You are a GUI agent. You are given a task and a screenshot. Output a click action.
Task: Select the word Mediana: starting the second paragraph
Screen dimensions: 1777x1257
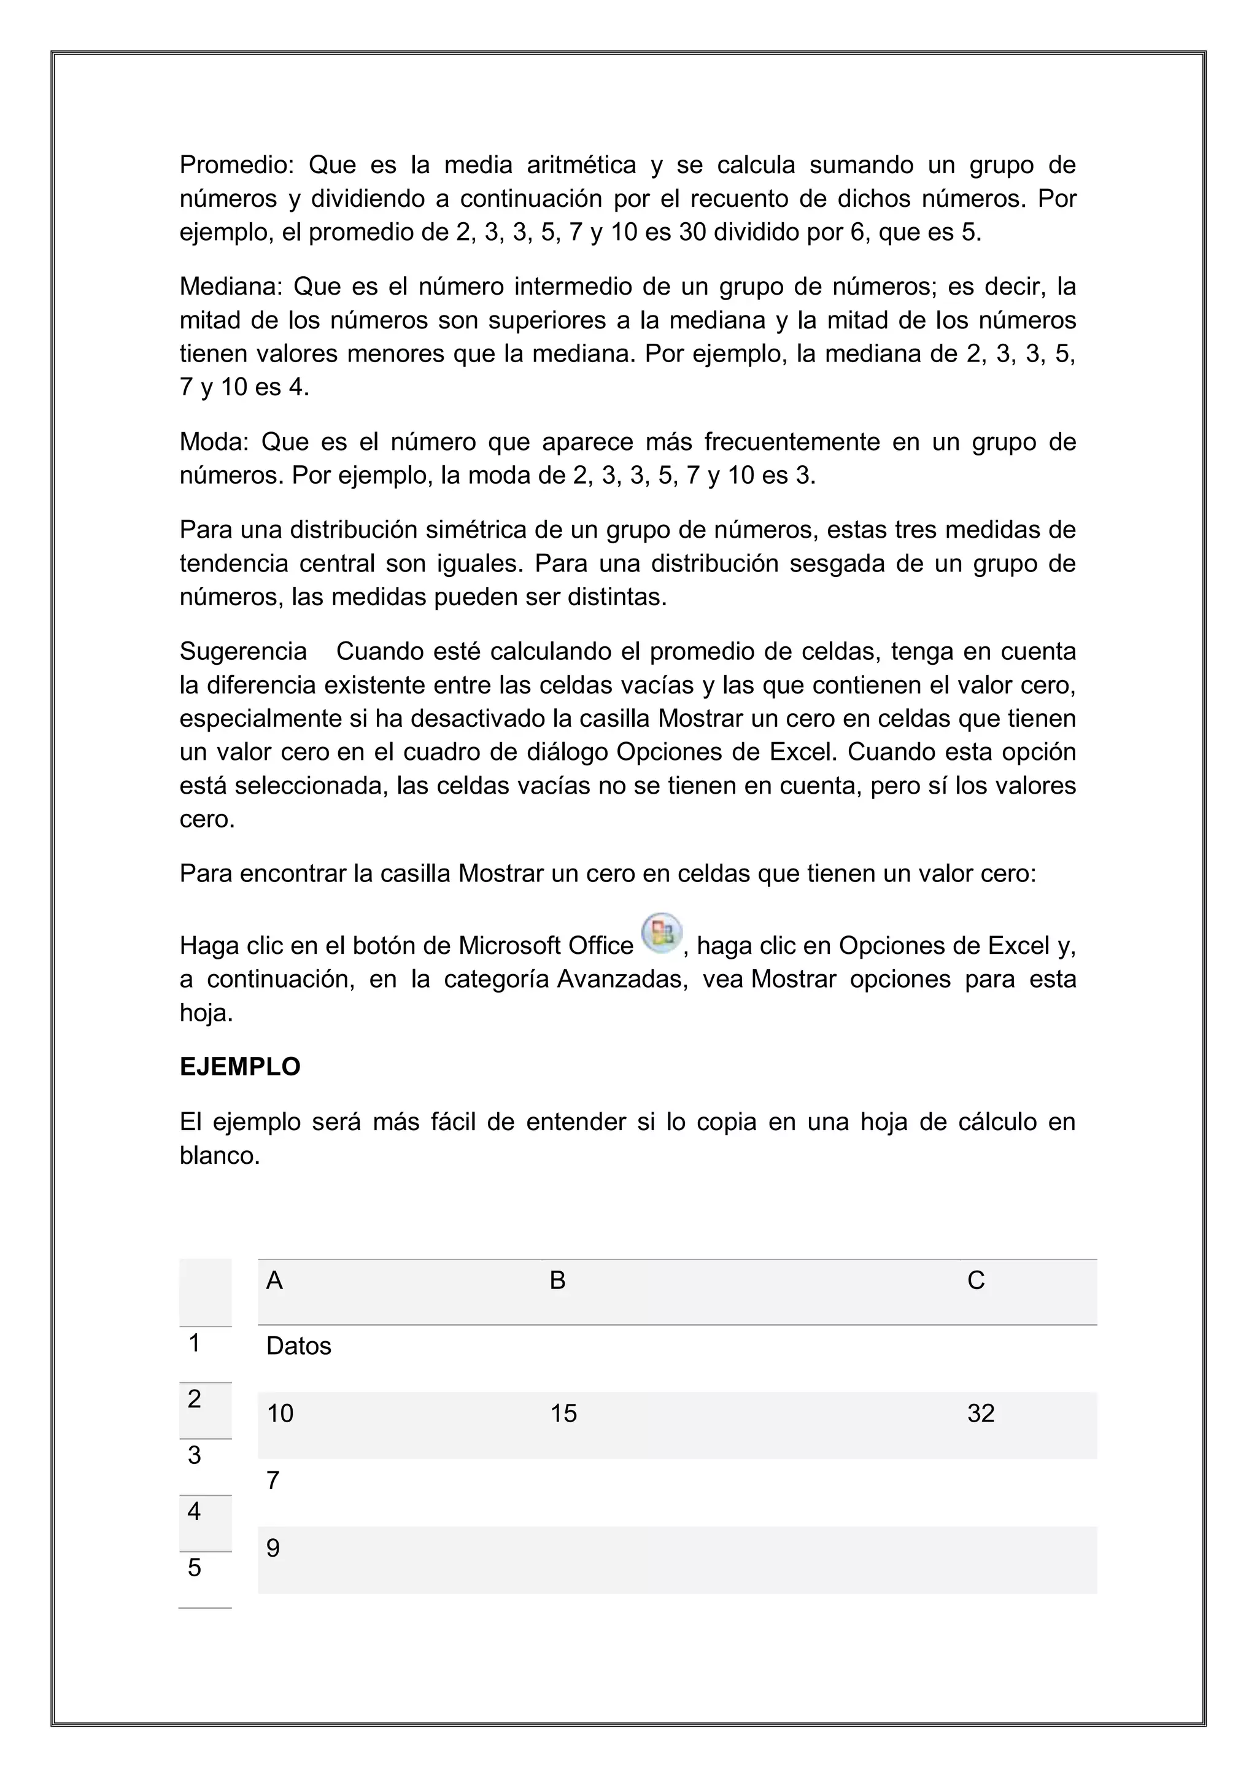[231, 287]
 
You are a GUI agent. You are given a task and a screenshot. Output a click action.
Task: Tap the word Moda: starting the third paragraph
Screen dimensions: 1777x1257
[214, 442]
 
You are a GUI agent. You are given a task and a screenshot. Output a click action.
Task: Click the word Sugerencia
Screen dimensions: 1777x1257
[243, 652]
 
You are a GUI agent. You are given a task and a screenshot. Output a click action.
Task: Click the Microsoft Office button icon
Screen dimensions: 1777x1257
[661, 932]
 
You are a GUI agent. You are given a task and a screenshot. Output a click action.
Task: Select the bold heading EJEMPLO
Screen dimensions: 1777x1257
[240, 1067]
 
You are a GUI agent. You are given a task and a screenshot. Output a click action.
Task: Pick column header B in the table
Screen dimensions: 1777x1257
[557, 1281]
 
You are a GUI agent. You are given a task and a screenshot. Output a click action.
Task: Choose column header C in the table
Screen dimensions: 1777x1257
[975, 1281]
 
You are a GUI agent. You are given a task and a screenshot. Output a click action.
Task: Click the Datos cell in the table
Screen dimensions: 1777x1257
[299, 1347]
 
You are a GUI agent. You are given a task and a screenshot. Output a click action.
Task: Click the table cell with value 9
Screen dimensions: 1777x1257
[273, 1548]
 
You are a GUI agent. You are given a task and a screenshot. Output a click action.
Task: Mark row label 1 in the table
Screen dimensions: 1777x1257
[195, 1343]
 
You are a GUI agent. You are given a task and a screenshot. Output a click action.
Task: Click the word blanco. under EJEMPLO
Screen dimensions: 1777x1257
[220, 1156]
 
